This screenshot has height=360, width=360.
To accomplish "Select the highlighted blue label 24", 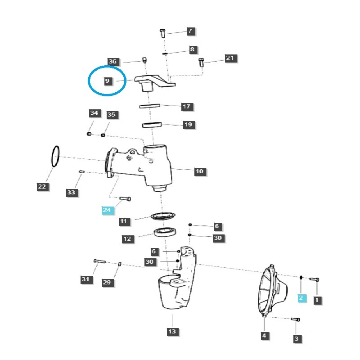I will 107,210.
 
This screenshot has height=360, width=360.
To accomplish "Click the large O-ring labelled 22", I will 55,157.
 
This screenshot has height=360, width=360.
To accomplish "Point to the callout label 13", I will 173,332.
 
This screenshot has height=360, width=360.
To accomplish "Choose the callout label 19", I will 188,125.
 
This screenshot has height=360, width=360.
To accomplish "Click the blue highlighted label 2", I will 301,297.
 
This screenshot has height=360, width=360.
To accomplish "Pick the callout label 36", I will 112,61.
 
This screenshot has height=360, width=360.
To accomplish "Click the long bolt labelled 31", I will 99,261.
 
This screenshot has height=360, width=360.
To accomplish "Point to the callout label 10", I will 200,171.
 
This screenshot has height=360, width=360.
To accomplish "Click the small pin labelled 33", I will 82,171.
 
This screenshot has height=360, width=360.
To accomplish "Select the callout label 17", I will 187,107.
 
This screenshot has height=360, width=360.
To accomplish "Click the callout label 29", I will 107,282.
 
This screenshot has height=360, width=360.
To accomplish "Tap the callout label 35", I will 111,115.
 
